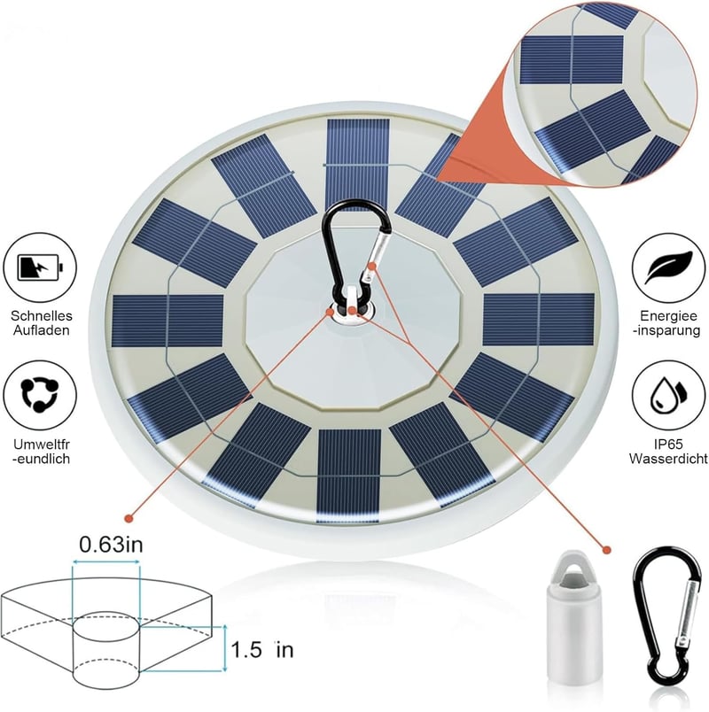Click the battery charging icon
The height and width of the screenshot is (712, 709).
40,267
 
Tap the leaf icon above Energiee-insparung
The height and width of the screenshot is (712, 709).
669,267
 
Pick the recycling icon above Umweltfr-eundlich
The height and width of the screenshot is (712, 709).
40,394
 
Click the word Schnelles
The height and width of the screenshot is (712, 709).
42,315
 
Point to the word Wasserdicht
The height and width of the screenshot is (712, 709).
668,458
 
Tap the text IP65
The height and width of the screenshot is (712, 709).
668,444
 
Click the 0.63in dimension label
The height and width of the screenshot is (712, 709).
111,545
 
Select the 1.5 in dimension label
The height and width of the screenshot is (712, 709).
262,650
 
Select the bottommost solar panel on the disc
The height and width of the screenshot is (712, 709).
349,476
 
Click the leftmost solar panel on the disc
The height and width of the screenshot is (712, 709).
168,321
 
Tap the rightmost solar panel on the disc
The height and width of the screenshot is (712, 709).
539,320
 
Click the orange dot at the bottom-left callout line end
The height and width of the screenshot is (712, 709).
129,518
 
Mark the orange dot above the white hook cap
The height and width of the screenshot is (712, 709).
606,550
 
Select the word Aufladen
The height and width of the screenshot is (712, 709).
42,330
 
